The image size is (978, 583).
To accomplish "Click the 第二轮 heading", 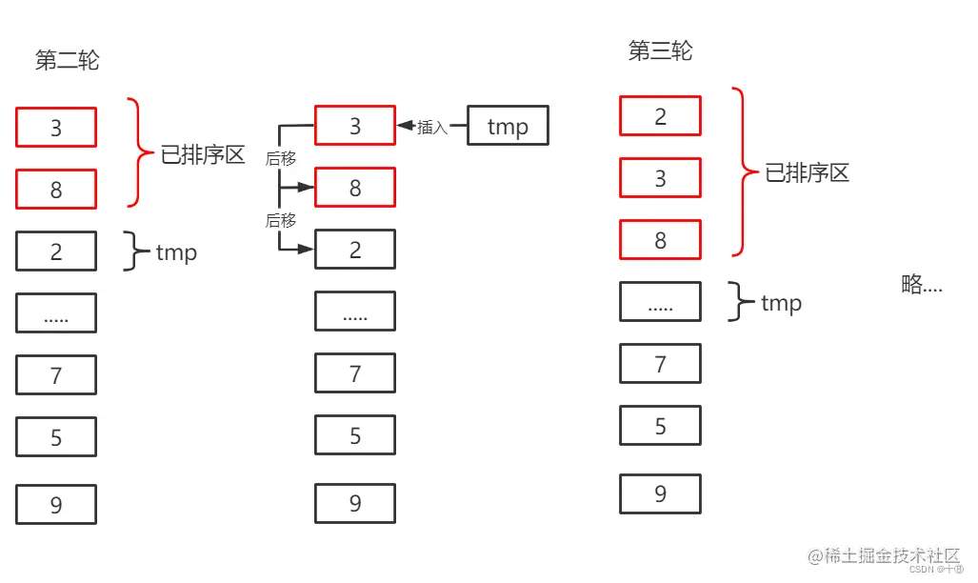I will (x=67, y=61).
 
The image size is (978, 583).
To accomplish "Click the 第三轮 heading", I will (x=660, y=51).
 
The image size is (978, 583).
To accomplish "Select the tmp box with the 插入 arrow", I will (x=508, y=126).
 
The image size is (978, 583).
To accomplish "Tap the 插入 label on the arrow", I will (x=432, y=127).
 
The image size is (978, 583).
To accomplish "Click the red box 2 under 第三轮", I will (x=660, y=116).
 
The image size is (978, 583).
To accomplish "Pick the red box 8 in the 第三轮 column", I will (x=660, y=240).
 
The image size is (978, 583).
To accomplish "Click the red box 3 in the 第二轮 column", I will (x=56, y=128).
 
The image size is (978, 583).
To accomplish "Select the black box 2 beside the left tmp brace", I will (x=56, y=251).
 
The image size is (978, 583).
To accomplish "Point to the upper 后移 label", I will (x=281, y=158).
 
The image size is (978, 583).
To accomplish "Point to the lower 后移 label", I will (x=281, y=220).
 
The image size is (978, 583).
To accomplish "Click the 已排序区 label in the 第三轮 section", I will (x=807, y=172).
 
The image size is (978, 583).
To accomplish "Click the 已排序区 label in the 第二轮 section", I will (x=203, y=155).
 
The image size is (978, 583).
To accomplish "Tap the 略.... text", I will (x=921, y=284).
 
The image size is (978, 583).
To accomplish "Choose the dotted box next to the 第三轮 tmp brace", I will (x=660, y=302).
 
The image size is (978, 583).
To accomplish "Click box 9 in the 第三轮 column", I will (x=660, y=493).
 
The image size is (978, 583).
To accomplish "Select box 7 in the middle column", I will (x=355, y=373).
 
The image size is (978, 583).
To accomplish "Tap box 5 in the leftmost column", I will (x=56, y=437).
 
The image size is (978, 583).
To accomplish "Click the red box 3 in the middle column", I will (x=355, y=126).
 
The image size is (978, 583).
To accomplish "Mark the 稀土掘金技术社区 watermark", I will (x=883, y=554).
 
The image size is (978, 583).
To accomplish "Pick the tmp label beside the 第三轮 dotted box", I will (x=781, y=303).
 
